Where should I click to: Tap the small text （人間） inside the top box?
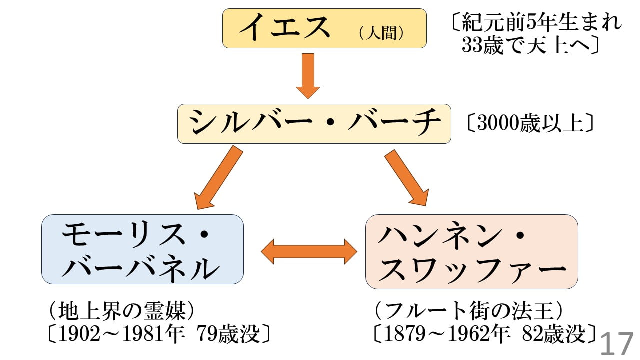381,33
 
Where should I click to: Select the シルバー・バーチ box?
314,123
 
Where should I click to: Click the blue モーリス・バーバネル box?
142,249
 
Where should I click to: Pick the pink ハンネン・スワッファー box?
471,251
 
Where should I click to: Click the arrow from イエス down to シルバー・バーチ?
308,76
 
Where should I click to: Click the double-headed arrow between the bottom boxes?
309,251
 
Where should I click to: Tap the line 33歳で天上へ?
530,46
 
